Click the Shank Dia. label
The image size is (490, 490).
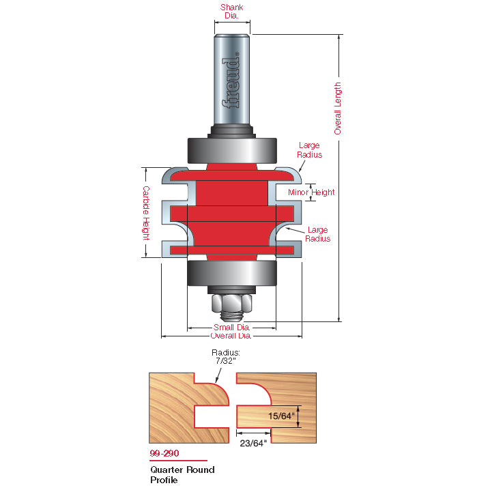click(x=231, y=11)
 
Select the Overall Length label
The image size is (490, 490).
click(x=338, y=109)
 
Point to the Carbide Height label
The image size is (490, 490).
click(x=146, y=213)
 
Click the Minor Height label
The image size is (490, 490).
click(x=311, y=192)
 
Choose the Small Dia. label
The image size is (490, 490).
click(x=231, y=327)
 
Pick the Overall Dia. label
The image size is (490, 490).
click(x=231, y=336)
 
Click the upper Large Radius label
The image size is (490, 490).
click(x=309, y=150)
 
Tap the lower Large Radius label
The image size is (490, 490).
click(x=317, y=234)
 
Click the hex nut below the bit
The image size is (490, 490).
click(x=231, y=303)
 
